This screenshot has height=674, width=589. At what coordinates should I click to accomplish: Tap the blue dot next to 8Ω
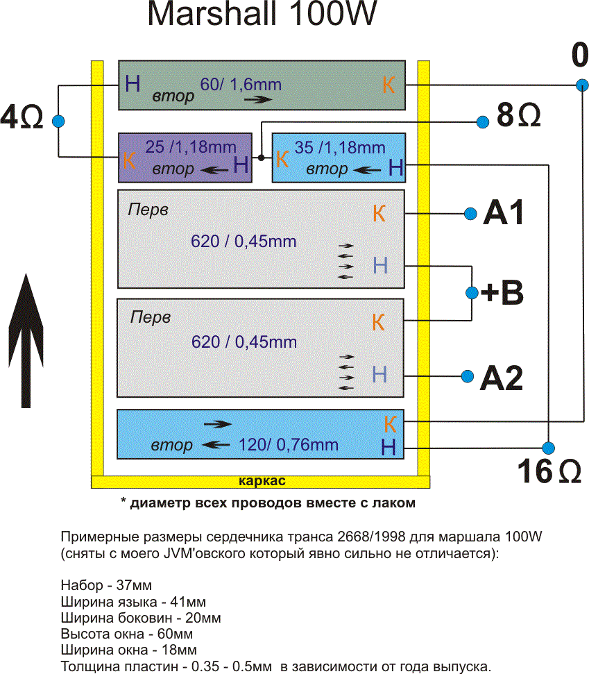pos(483,122)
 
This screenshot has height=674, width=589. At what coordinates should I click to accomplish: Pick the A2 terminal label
pos(502,378)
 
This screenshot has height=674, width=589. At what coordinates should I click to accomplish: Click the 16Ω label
pos(549,473)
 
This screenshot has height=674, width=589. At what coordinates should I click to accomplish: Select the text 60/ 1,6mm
pos(241,85)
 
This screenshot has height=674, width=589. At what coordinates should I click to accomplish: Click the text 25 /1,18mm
pos(191,147)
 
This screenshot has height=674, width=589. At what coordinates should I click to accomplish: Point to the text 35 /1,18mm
pos(340,147)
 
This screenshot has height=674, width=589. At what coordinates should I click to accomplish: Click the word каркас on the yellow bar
pos(262,481)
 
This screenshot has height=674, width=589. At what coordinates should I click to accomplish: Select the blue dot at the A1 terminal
pos(470,213)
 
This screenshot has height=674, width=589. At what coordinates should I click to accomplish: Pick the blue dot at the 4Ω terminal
pos(58,121)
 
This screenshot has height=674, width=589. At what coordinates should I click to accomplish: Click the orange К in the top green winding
pos(389,85)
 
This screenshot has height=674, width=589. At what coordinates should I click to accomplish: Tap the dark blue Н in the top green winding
pos(133,85)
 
